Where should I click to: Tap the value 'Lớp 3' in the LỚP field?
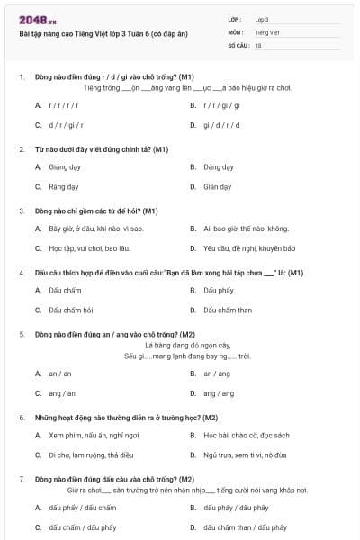click(x=262, y=19)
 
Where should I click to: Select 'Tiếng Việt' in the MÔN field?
click(x=266, y=31)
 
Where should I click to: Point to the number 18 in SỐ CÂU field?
click(x=258, y=45)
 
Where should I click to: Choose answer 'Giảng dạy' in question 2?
click(x=64, y=166)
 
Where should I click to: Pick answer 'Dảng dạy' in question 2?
click(x=219, y=166)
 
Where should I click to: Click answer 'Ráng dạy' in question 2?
click(x=64, y=187)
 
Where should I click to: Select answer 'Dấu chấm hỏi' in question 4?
click(x=70, y=310)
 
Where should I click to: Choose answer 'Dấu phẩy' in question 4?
click(x=219, y=290)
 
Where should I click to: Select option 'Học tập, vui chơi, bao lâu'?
click(x=86, y=248)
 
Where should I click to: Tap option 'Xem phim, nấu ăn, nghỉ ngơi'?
click(x=94, y=435)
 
